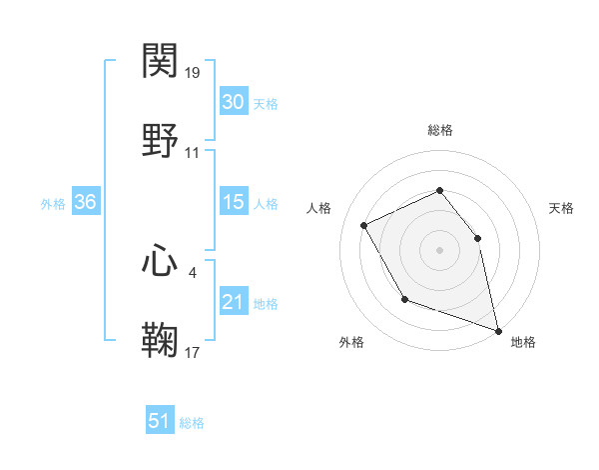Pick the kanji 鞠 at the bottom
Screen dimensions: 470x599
(161, 339)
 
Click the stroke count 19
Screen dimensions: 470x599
(193, 73)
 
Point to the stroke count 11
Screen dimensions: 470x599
(193, 153)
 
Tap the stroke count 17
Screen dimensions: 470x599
(193, 351)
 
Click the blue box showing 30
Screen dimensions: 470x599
(233, 102)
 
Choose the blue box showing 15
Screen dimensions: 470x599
(233, 202)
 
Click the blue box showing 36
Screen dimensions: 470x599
(86, 202)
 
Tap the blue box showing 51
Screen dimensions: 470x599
(160, 422)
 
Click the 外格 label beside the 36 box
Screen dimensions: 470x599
(53, 203)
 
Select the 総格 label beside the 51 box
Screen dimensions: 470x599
(192, 423)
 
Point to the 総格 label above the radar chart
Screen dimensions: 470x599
(439, 130)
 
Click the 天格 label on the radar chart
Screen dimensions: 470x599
(561, 208)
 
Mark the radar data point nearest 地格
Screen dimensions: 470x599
(497, 329)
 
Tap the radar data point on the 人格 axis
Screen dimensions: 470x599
(364, 226)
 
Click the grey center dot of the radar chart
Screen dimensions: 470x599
(439, 250)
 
